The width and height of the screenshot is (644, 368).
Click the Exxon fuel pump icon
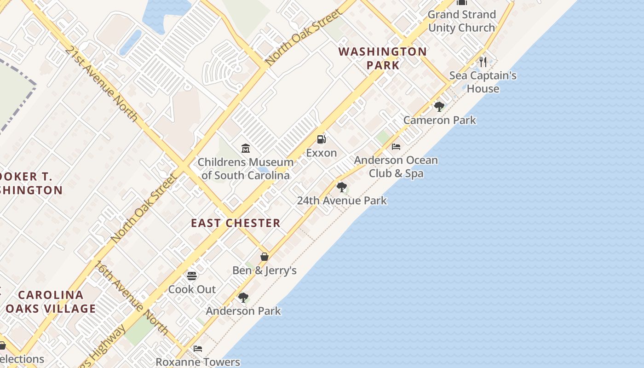[321, 139]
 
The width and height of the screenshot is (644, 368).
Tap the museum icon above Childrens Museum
[246, 149]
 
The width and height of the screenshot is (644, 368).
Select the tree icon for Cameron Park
[439, 107]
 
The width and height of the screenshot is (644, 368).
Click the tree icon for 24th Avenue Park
[341, 187]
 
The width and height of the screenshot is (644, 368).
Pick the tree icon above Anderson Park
[243, 298]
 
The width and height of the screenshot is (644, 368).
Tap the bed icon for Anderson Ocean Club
[396, 147]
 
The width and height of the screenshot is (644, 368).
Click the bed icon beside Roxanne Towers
[198, 348]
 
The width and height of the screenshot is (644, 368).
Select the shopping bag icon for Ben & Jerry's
[264, 257]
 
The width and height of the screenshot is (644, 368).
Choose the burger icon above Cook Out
[192, 276]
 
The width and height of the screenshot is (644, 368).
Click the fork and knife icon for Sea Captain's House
[483, 62]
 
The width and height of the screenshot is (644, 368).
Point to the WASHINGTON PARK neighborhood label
[383, 58]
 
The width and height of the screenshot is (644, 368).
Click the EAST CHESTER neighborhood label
[236, 223]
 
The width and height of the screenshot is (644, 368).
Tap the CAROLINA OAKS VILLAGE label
[51, 302]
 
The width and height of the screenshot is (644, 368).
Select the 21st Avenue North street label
[101, 83]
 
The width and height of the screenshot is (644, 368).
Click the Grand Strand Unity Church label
[461, 21]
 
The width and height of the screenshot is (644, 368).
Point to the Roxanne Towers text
[198, 362]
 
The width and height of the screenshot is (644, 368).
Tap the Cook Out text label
[192, 289]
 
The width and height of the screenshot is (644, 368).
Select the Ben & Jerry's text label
[264, 270]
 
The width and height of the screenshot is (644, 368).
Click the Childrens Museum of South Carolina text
[246, 169]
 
